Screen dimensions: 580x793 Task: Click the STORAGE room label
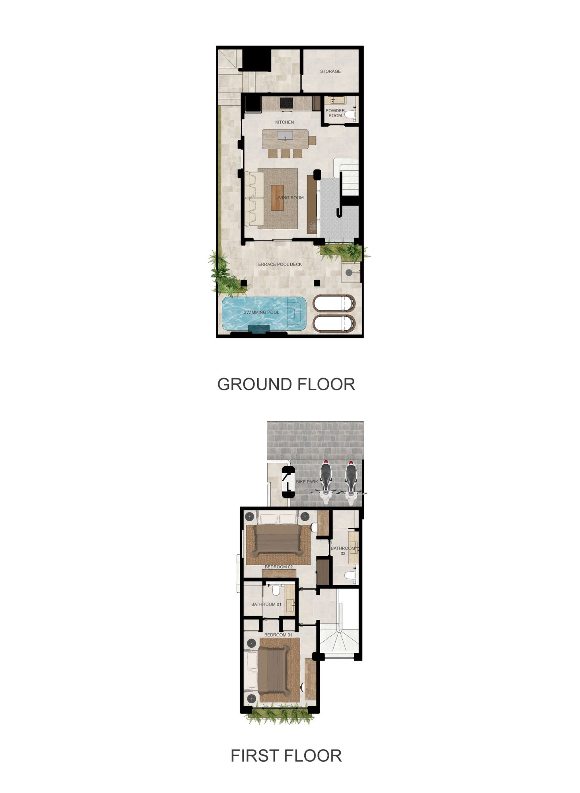(x=330, y=71)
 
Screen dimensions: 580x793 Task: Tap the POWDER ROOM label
(x=335, y=113)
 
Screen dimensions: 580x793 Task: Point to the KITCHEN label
(x=285, y=122)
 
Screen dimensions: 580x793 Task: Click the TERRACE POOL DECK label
(x=279, y=264)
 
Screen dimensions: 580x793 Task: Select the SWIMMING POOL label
(x=261, y=312)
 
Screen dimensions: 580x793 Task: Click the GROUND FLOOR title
(x=286, y=384)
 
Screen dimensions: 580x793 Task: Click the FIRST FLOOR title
(x=286, y=756)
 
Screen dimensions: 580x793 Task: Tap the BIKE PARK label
(x=307, y=482)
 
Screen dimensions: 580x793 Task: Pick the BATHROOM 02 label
(x=343, y=551)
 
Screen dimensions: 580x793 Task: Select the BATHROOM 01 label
(x=266, y=604)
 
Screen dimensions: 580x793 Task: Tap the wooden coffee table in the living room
(x=277, y=197)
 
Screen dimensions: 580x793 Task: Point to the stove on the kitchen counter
(x=287, y=103)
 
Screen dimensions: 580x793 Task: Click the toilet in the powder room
(x=350, y=114)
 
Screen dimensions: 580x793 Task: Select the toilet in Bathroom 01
(x=276, y=590)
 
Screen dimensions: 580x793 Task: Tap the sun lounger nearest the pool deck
(x=334, y=303)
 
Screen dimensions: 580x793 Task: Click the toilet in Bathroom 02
(x=350, y=575)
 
